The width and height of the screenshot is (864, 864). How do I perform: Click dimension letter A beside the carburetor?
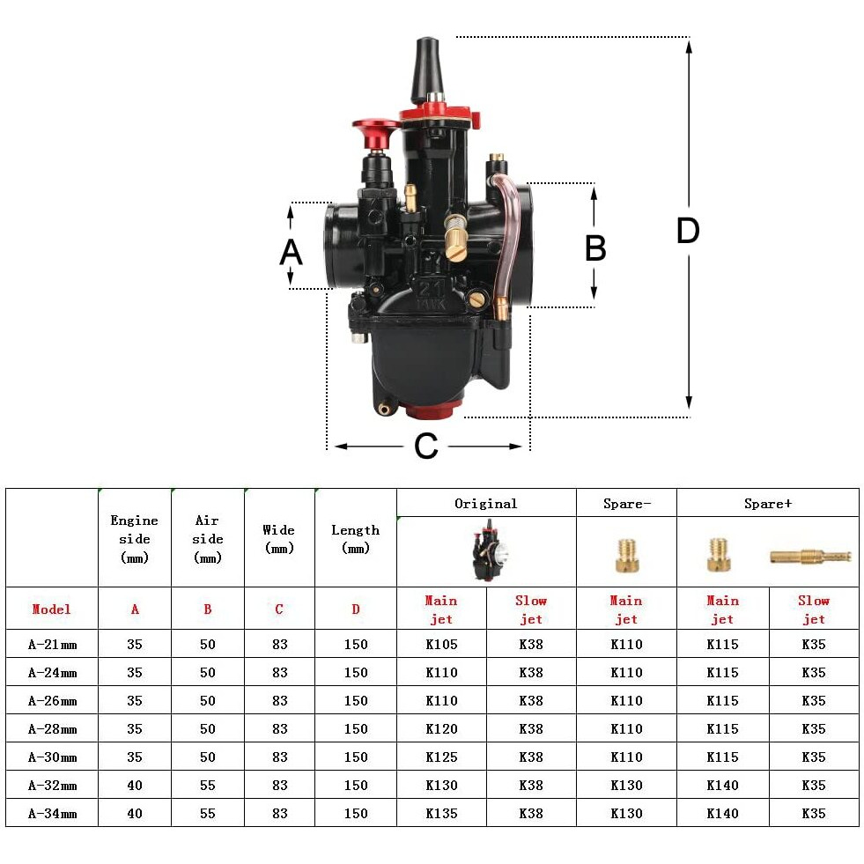click(x=291, y=252)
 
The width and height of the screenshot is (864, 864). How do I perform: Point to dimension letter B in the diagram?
click(x=595, y=248)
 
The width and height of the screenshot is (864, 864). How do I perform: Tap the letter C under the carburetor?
click(x=426, y=447)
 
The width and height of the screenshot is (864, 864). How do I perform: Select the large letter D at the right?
click(x=688, y=231)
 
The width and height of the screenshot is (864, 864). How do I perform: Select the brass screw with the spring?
click(x=455, y=236)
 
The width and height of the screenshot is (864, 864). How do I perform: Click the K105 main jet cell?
click(x=441, y=644)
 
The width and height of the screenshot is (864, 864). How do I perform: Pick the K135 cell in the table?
click(x=441, y=813)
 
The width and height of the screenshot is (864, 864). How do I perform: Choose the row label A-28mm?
click(x=52, y=728)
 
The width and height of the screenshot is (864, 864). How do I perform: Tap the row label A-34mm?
click(x=52, y=813)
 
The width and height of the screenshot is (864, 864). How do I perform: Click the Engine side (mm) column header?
click(x=134, y=538)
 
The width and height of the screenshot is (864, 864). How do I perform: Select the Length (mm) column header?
click(x=355, y=538)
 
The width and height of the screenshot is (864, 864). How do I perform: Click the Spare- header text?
click(x=626, y=503)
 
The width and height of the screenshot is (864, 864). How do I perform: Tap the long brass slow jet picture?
click(x=810, y=556)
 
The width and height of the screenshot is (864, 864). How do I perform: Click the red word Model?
click(x=51, y=609)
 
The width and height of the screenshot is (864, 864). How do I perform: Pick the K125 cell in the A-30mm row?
click(x=441, y=757)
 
